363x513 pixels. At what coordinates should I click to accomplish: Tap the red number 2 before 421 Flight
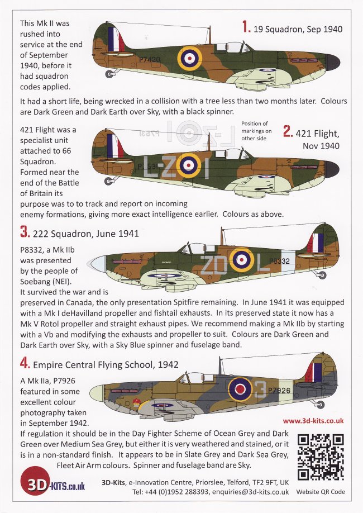click(x=288, y=131)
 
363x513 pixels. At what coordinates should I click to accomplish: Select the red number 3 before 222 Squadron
click(x=23, y=232)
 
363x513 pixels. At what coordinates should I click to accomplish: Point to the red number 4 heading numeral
click(x=24, y=364)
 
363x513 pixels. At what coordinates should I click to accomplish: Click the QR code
click(x=321, y=458)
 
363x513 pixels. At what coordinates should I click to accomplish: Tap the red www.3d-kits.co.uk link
click(x=313, y=421)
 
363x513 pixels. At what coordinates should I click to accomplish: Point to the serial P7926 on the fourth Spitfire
click(x=278, y=391)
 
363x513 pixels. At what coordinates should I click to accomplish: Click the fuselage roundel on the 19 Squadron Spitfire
click(x=189, y=57)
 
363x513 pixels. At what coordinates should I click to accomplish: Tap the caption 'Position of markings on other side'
click(x=255, y=130)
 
